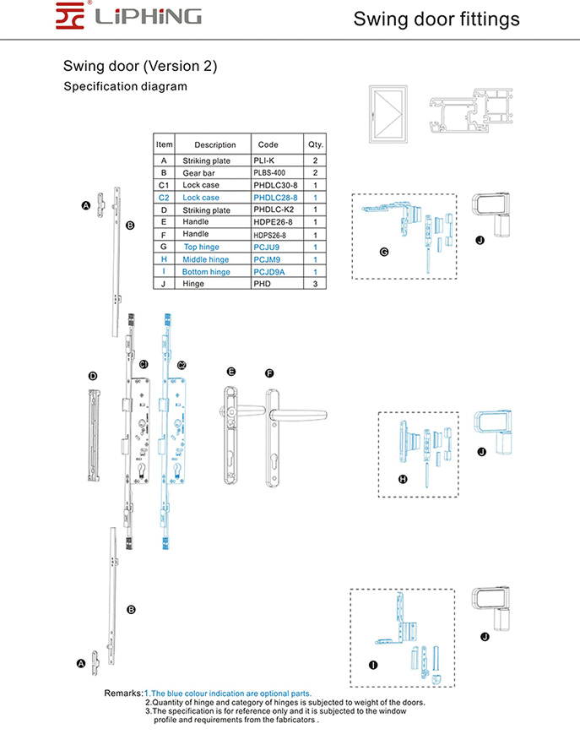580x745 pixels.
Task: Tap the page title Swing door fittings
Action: pos(436,19)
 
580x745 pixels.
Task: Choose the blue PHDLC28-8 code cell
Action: pos(275,197)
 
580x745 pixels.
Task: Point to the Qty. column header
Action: pos(316,144)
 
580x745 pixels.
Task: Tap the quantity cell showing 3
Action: pos(315,284)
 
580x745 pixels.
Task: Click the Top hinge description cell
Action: pos(202,247)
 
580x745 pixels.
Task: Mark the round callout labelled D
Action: pos(93,375)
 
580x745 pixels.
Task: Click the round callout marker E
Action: pos(230,372)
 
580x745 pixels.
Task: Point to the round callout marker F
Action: pos(269,372)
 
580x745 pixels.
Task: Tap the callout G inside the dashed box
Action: pos(384,253)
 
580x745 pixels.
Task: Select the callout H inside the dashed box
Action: pos(403,479)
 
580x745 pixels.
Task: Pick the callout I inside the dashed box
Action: pos(373,665)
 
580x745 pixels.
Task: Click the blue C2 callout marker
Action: pos(182,365)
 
